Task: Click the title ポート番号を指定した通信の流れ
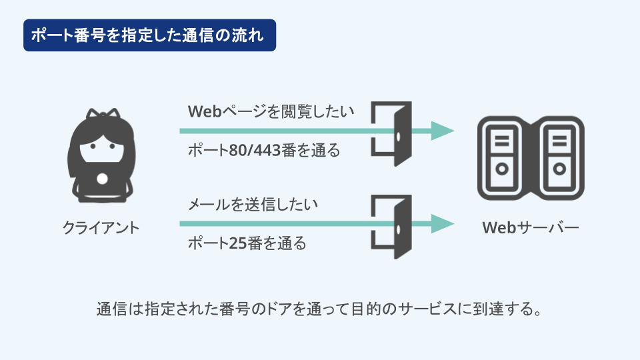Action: pyautogui.click(x=147, y=35)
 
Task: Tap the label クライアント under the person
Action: pyautogui.click(x=101, y=228)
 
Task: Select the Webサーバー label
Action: pyautogui.click(x=531, y=228)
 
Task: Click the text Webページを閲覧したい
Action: pyautogui.click(x=271, y=111)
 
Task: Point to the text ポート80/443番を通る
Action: pyautogui.click(x=264, y=150)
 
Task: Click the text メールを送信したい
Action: pyautogui.click(x=253, y=204)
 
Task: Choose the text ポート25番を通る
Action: pyautogui.click(x=247, y=243)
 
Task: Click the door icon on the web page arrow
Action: pyautogui.click(x=391, y=133)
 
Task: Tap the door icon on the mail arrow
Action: pyautogui.click(x=391, y=227)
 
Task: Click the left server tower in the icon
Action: pyautogui.click(x=502, y=158)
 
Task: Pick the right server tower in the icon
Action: pyautogui.click(x=559, y=158)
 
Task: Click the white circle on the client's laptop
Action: pyautogui.click(x=102, y=179)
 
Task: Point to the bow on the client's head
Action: pyautogui.click(x=103, y=113)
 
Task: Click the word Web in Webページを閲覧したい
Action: pyautogui.click(x=205, y=111)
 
